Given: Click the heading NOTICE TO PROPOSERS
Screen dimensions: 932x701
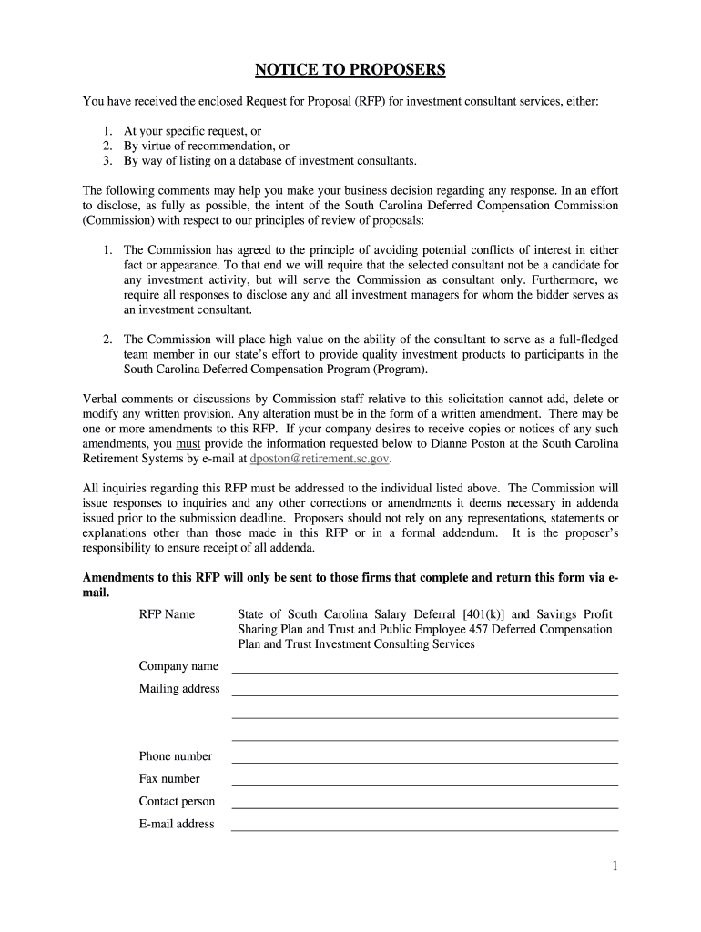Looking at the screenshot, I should pos(350,70).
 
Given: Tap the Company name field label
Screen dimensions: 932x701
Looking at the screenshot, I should pos(178,666).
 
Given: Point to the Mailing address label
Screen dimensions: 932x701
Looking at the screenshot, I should pos(179,689).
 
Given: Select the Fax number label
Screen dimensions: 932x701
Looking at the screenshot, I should pos(169,779).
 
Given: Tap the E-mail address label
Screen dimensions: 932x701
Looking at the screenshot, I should pos(177,825).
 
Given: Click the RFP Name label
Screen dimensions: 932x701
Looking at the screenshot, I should pos(167,614).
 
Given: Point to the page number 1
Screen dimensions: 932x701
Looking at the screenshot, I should pos(615,867).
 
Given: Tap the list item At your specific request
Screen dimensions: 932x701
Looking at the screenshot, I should pos(193,131).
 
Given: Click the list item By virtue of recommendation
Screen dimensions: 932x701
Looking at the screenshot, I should pos(207,146).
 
